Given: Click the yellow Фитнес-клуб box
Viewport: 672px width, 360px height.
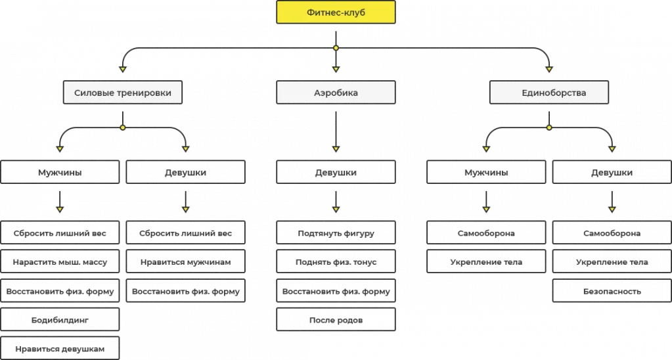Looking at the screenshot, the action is click(x=336, y=12).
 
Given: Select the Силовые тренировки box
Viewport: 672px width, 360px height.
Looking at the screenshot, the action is click(x=123, y=92).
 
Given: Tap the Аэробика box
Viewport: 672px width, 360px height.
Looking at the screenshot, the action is click(x=336, y=92).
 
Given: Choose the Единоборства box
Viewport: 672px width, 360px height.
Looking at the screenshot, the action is click(x=549, y=92).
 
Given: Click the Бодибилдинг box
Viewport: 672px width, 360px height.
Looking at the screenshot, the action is click(x=60, y=320).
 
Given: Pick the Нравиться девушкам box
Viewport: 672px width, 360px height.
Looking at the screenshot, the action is click(x=60, y=348).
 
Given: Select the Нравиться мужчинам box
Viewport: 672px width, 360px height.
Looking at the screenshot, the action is click(x=185, y=261).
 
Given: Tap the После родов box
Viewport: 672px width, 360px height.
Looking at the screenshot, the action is click(x=336, y=320).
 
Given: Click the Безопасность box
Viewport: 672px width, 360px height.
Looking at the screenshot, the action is click(x=612, y=290).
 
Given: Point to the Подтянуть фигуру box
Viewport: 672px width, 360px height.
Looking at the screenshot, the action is click(x=336, y=233).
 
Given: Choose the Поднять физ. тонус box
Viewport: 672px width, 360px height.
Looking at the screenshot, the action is click(x=336, y=261).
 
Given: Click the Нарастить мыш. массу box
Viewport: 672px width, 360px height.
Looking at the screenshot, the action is click(x=60, y=261).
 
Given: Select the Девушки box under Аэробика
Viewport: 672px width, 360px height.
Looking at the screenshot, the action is click(x=336, y=172).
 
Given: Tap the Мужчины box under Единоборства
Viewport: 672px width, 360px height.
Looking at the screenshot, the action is click(x=486, y=172).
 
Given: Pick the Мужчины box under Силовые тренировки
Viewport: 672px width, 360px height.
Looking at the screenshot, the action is click(x=60, y=172).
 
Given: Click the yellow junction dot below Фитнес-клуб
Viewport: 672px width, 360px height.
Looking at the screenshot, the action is click(x=336, y=48).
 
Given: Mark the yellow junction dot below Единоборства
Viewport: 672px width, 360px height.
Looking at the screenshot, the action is click(x=549, y=127).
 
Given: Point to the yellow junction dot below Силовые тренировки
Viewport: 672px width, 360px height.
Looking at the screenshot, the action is click(x=123, y=127).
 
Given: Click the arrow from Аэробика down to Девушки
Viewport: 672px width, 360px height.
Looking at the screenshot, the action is click(x=336, y=132).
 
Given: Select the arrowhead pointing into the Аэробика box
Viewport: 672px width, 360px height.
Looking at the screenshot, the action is click(x=336, y=70).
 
